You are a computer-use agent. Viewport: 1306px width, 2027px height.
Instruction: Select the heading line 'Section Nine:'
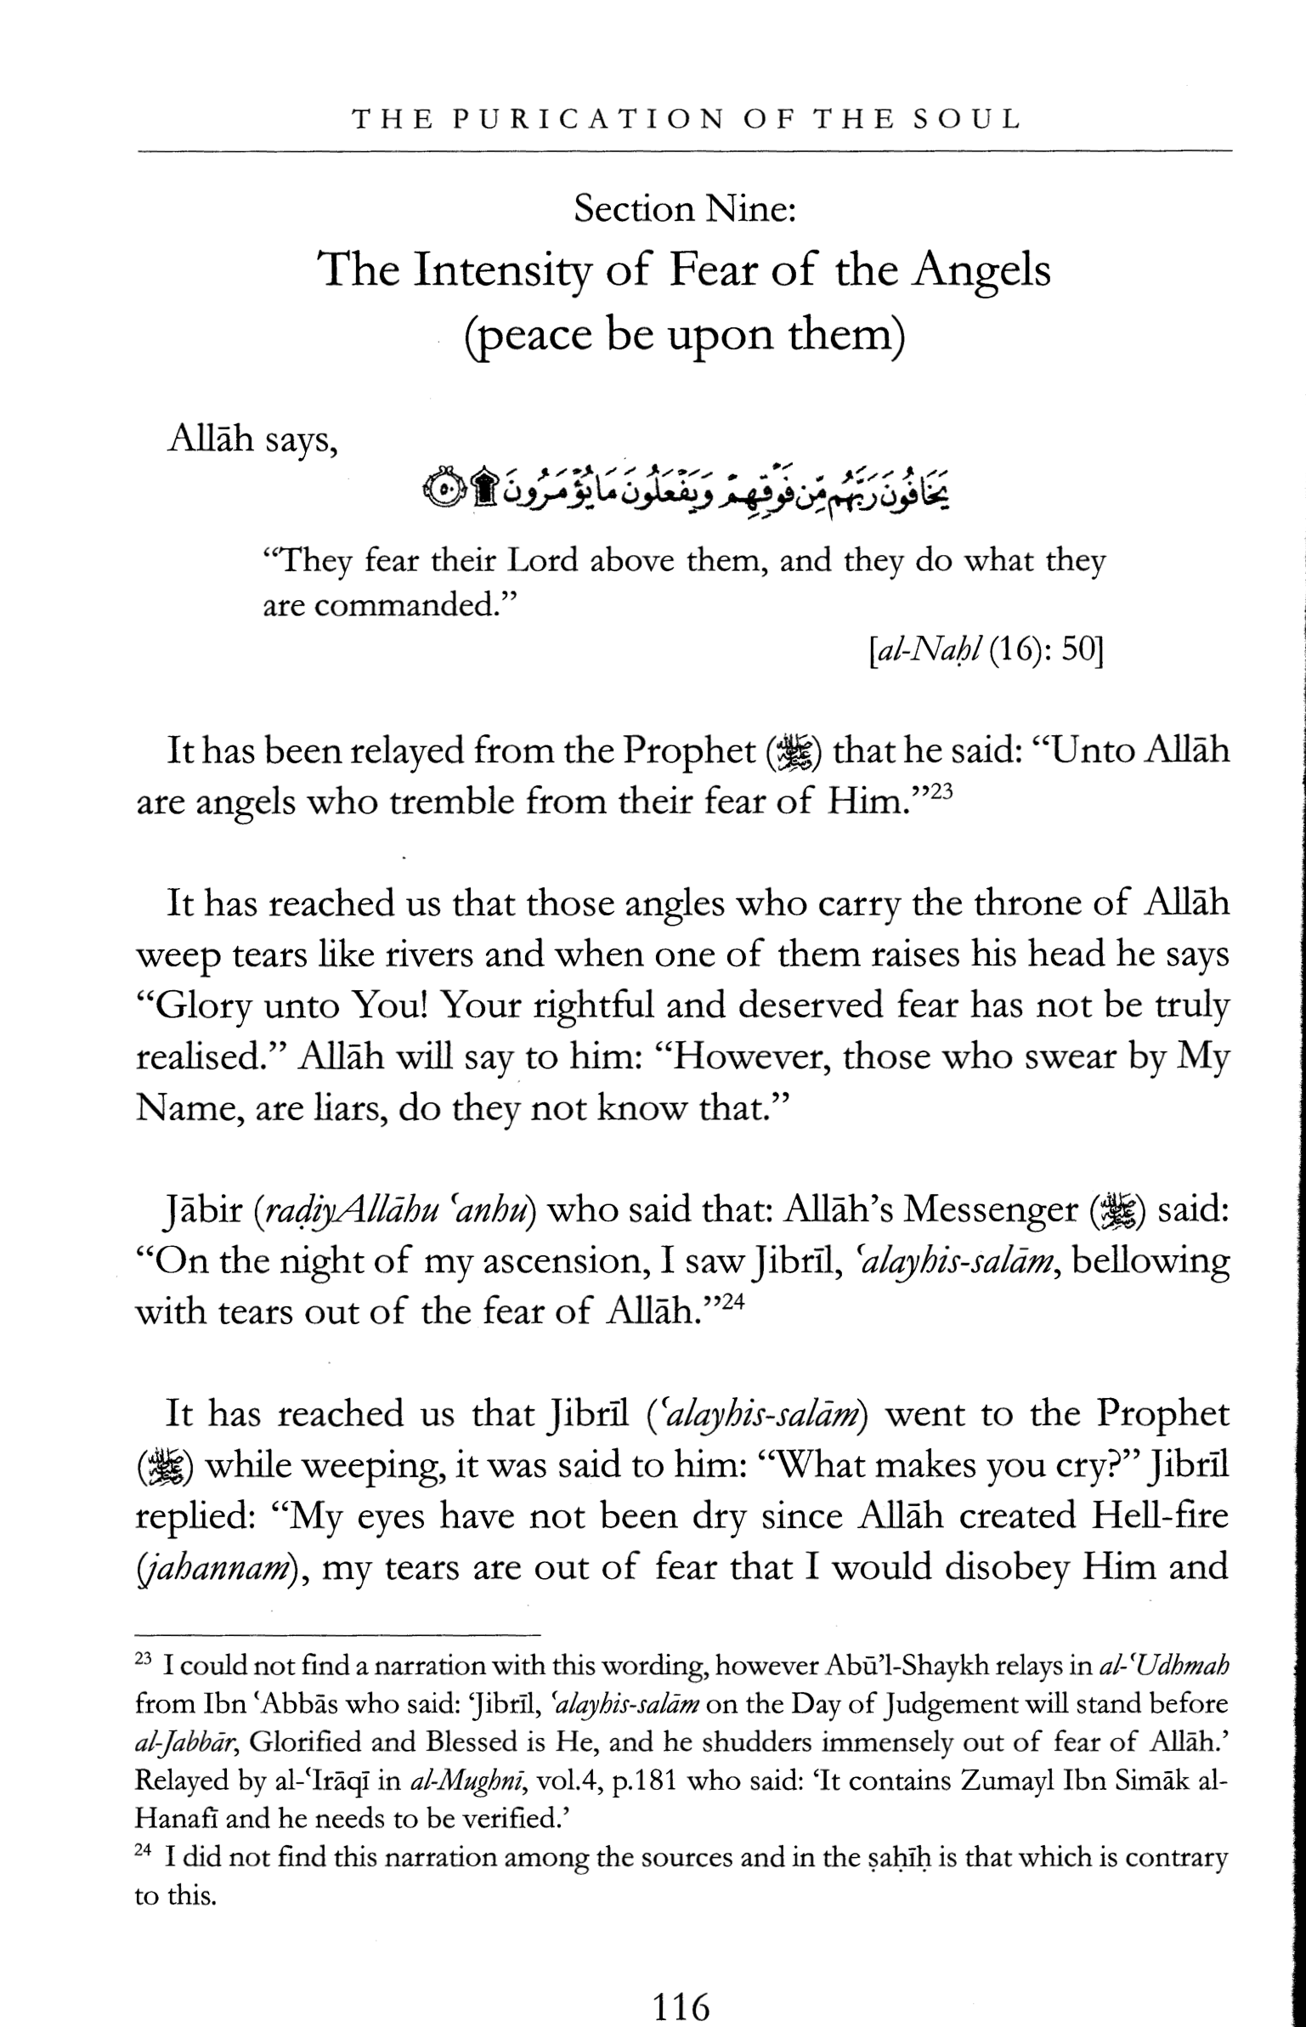pyautogui.click(x=684, y=209)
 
